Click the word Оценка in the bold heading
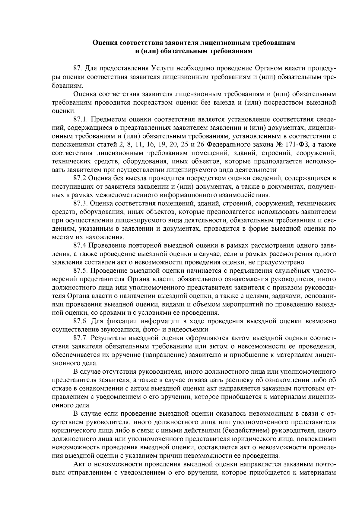[x=105, y=43]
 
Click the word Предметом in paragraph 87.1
[x=106, y=119]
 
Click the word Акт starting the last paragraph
[x=80, y=464]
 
